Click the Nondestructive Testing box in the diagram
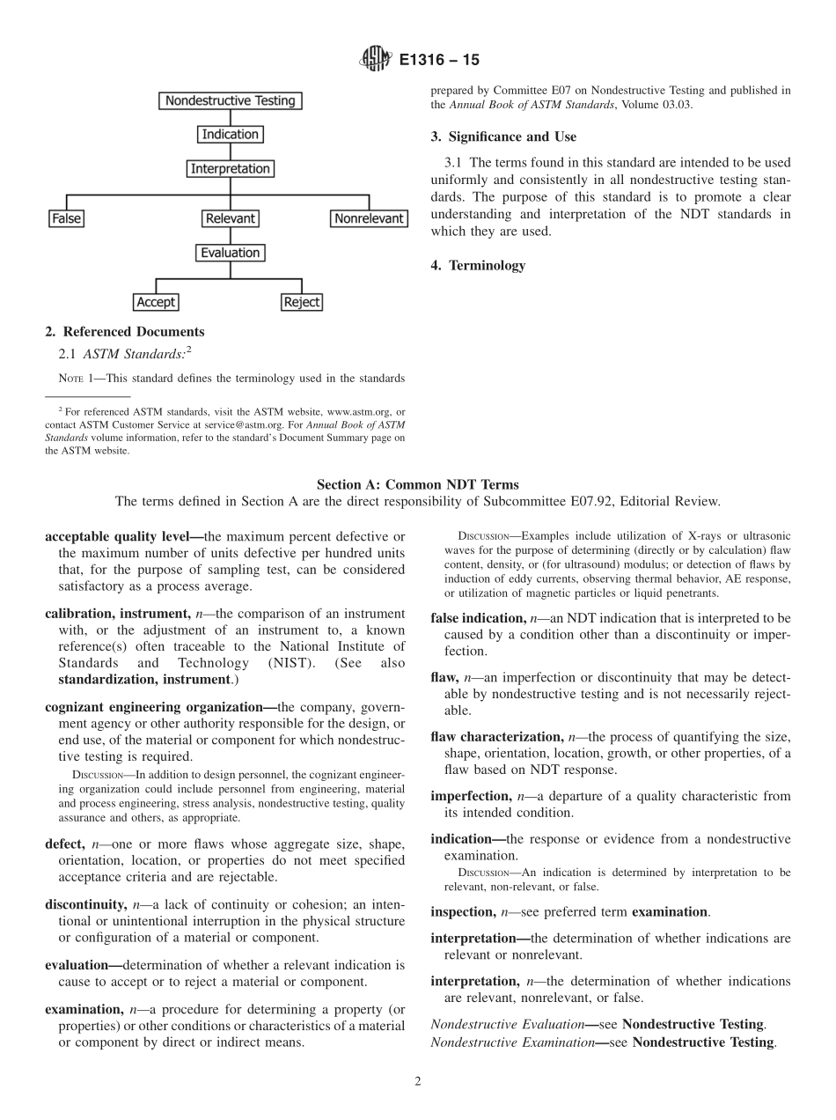coord(231,100)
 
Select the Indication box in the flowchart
coord(231,135)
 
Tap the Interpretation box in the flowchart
coord(231,168)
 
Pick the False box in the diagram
coord(66,218)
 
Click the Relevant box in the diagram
coord(231,218)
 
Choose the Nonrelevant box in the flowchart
coord(369,218)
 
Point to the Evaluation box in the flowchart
coord(231,253)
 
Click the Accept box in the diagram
coord(156,302)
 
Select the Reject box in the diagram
coord(302,302)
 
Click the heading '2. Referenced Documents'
coord(125,332)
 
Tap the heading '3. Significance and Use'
coord(503,136)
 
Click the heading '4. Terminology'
coord(478,265)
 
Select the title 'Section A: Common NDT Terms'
coord(417,484)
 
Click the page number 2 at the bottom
coord(418,1082)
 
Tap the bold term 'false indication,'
coord(480,619)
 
